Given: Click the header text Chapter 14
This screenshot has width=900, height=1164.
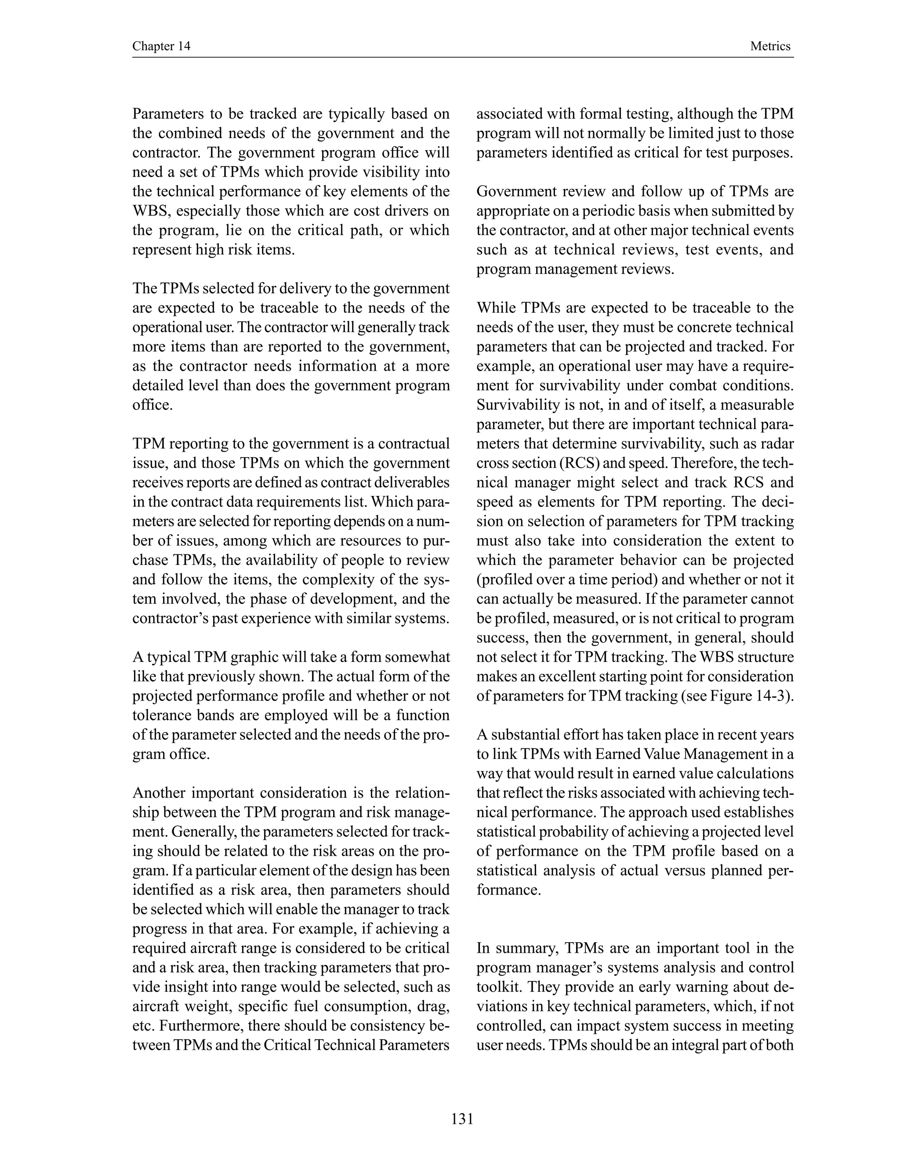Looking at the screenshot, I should pyautogui.click(x=161, y=47).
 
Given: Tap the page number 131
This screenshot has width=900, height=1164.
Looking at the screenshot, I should pyautogui.click(x=462, y=1119).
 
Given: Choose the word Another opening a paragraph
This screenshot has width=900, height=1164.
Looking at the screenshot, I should pyautogui.click(x=158, y=793).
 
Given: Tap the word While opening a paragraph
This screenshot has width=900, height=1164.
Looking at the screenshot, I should pyautogui.click(x=495, y=308).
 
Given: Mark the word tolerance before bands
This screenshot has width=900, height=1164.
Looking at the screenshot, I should pyautogui.click(x=162, y=715).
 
